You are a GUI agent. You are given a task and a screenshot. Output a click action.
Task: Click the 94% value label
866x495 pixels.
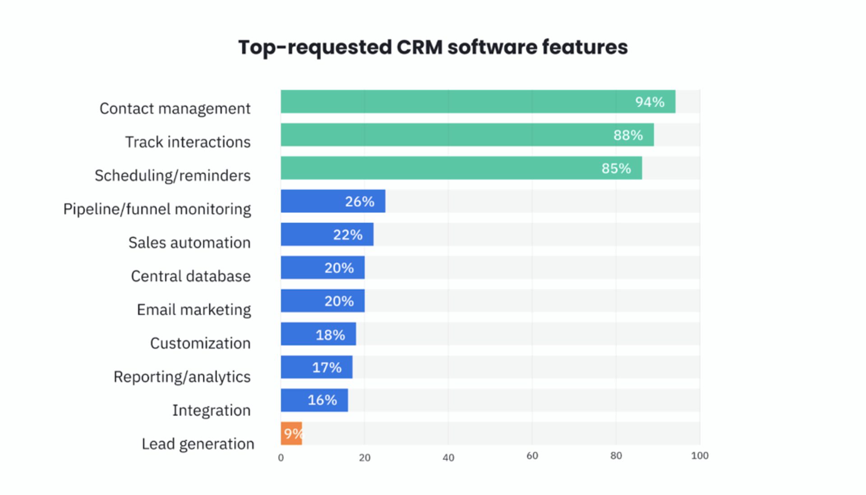tap(649, 102)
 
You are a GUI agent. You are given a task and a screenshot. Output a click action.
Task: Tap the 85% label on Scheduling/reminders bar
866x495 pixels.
tap(616, 168)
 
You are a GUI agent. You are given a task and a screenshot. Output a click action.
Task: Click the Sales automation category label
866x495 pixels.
tap(189, 243)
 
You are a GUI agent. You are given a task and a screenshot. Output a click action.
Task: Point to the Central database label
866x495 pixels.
tap(191, 276)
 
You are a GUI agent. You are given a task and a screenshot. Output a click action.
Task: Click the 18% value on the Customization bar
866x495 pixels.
tap(330, 335)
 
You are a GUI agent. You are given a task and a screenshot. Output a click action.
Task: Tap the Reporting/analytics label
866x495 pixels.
tap(182, 377)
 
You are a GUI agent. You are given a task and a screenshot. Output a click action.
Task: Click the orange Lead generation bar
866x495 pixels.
tap(291, 434)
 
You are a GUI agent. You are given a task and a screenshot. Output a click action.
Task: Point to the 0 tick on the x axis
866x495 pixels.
tap(281, 458)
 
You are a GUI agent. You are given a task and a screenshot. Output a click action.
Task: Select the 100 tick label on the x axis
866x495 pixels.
tap(700, 456)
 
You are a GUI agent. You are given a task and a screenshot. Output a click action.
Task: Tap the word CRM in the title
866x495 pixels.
tap(419, 47)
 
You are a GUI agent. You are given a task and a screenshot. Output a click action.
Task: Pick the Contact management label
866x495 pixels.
tap(175, 109)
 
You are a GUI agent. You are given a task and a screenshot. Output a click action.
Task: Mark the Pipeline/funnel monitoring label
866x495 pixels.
tap(157, 209)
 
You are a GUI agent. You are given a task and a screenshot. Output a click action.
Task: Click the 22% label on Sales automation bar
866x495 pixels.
tap(348, 235)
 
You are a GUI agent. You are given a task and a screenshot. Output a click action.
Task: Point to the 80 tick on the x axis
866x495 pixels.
tap(616, 456)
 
